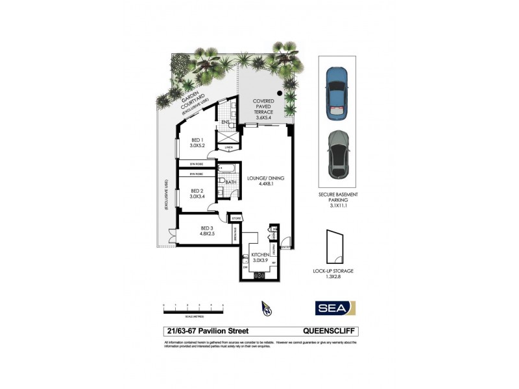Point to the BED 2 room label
[x=197, y=193]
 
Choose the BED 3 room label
[x=208, y=231]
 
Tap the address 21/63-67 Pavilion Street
[x=201, y=331]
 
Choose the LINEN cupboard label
[x=228, y=148]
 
